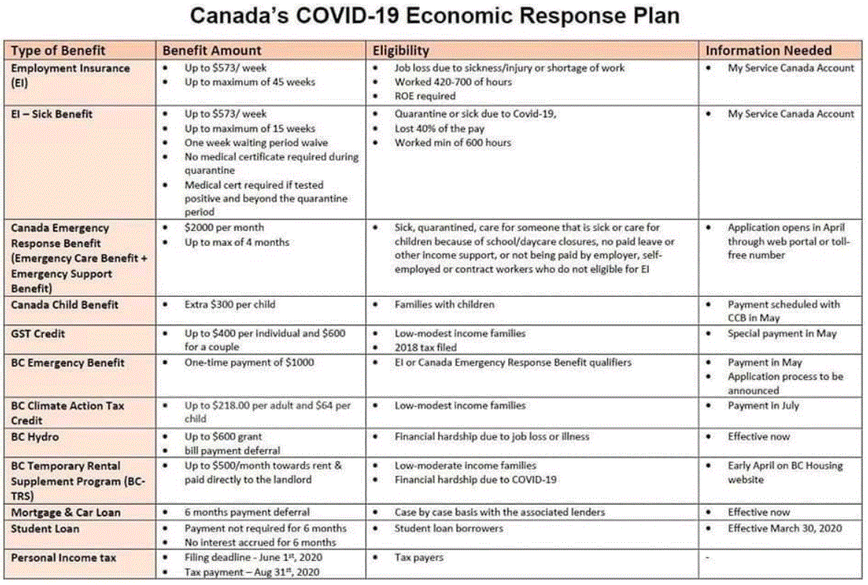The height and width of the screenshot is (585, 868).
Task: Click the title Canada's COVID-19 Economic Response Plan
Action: coord(434,16)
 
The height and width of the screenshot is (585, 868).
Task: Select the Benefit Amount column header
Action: coord(212,50)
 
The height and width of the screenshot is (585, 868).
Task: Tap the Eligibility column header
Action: coord(400,50)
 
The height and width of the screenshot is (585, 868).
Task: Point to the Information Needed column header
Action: coord(768,50)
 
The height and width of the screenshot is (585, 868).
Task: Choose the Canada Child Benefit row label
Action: coord(65,304)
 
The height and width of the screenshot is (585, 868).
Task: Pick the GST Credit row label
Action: coord(38,334)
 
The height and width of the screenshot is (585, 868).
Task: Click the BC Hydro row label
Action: coord(35,437)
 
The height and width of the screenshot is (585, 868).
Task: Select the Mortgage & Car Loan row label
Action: coord(66,512)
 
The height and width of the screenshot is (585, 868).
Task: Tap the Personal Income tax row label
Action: coord(64,558)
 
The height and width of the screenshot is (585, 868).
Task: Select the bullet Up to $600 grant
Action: coord(223,437)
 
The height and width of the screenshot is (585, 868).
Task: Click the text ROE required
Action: coord(425,96)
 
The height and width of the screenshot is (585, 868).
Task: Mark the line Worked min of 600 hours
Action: coord(452,143)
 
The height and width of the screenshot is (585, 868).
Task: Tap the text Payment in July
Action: coord(763,406)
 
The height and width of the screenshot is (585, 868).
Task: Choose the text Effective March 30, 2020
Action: coord(785,528)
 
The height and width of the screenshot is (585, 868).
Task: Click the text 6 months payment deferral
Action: coord(247,512)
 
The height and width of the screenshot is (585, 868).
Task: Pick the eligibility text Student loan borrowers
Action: coord(448,528)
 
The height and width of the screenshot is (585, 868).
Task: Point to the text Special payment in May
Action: coord(782,334)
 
